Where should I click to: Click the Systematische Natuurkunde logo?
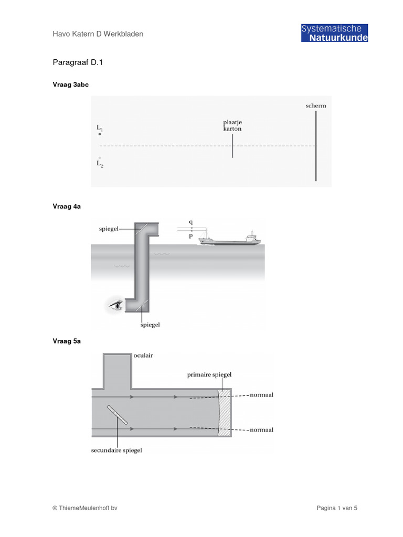click(x=334, y=33)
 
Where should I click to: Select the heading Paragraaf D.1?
click(x=78, y=62)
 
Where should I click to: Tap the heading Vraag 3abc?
click(x=71, y=84)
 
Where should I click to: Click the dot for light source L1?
click(x=100, y=134)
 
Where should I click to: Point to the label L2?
click(x=100, y=164)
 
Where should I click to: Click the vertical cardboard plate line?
click(x=232, y=146)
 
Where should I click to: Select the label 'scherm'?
click(x=315, y=106)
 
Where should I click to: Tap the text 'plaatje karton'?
click(x=232, y=125)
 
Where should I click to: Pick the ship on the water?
click(x=229, y=239)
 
